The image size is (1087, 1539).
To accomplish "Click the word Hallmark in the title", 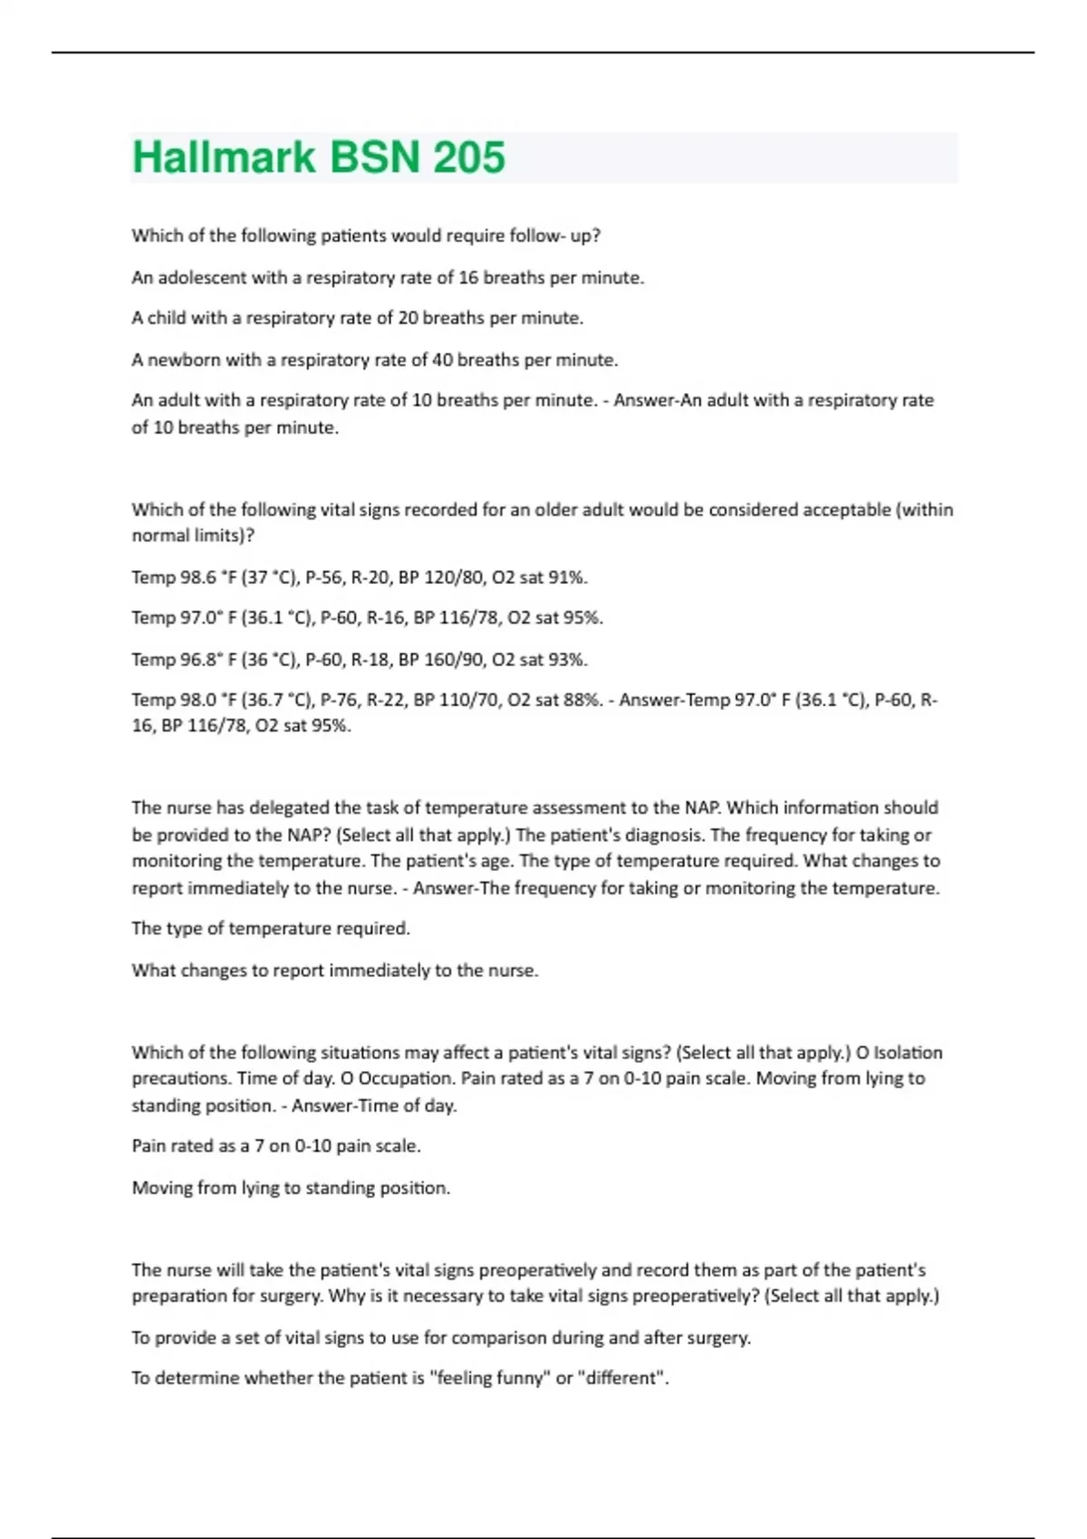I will click(x=224, y=158).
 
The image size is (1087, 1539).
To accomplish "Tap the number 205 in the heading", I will click(x=469, y=158).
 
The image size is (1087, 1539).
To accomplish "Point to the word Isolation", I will click(x=908, y=1053).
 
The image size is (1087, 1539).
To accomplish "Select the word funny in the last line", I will click(x=526, y=1378).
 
